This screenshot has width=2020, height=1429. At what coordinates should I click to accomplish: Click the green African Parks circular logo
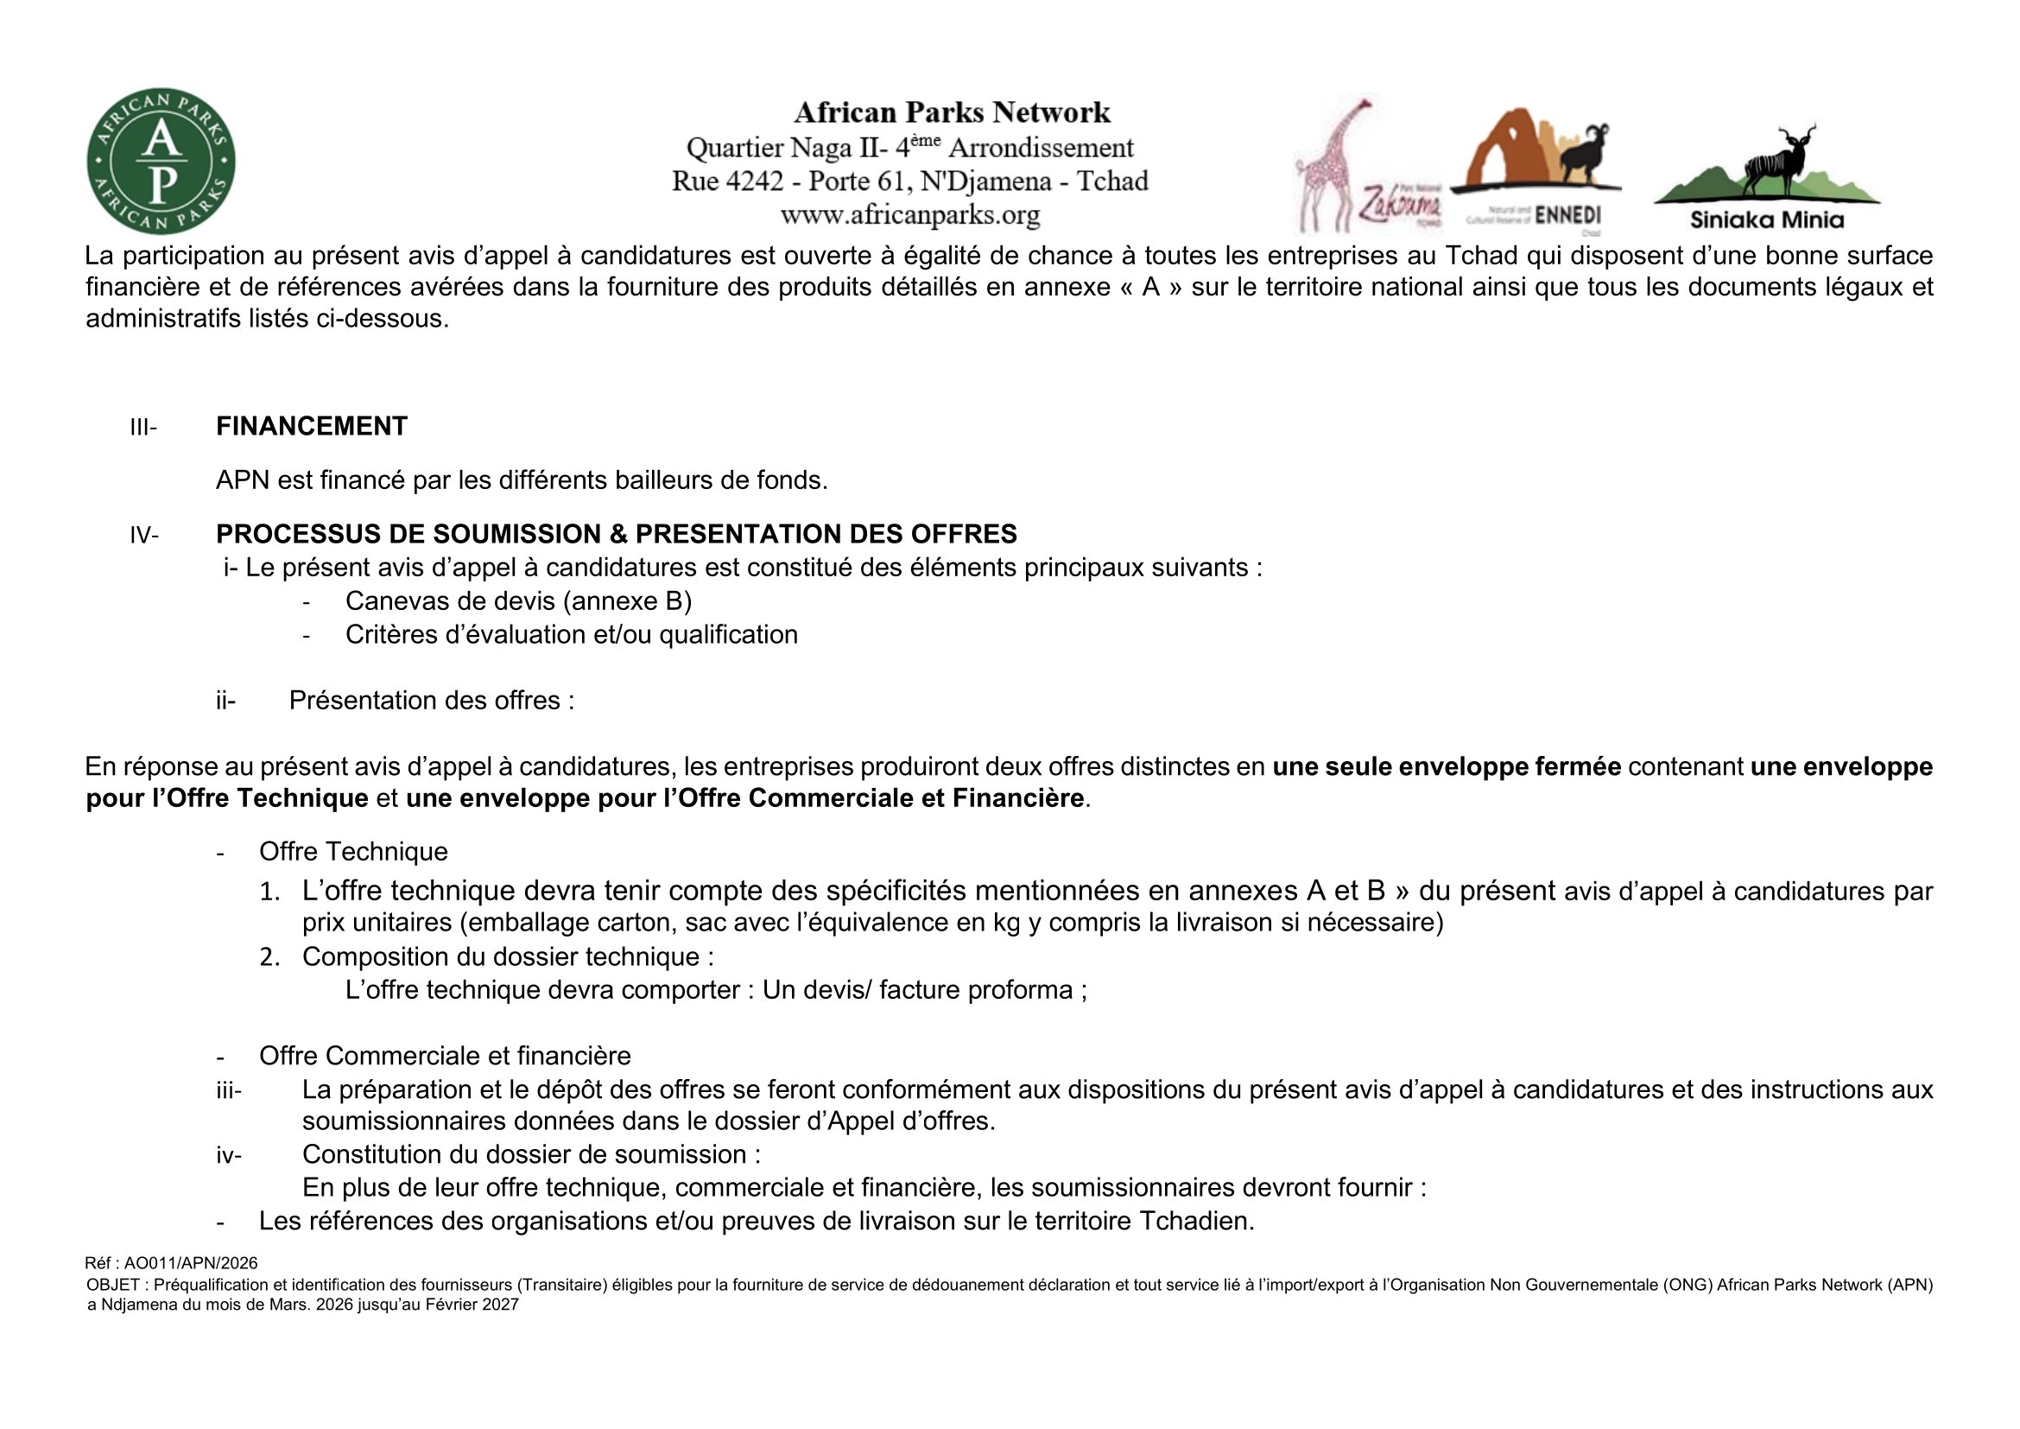pos(161,161)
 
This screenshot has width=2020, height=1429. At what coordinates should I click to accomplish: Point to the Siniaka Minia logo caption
pos(1767,219)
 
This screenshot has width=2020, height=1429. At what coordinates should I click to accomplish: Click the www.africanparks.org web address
pos(909,215)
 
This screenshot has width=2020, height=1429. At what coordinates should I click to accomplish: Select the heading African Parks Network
pos(952,112)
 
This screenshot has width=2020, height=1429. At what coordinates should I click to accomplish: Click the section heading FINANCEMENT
pos(312,427)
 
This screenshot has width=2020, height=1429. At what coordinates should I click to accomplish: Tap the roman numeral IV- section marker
pos(144,535)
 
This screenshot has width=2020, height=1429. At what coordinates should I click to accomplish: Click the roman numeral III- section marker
pos(143,428)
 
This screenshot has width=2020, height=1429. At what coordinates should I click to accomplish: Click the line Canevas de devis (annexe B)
pos(518,601)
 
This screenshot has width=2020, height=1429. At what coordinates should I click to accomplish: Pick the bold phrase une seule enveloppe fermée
pos(1447,766)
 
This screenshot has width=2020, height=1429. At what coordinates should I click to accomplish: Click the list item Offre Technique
pos(353,852)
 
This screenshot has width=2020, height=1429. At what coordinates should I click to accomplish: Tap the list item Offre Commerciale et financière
pos(444,1056)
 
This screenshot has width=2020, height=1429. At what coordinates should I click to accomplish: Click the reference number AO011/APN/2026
pos(191,1264)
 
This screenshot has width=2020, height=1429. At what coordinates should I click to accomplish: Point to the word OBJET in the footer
pos(112,1285)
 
